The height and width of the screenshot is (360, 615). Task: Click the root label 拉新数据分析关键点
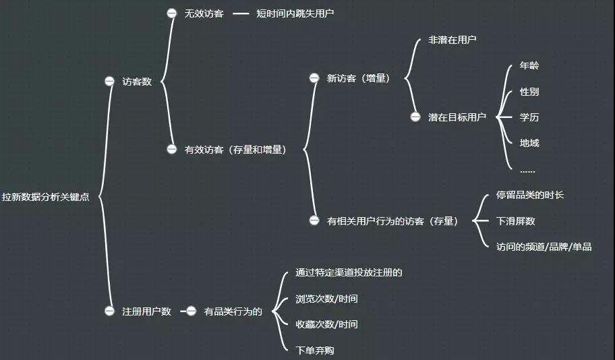(x=45, y=197)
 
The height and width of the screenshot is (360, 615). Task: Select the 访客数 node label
(x=137, y=82)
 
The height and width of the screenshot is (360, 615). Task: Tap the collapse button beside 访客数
(x=109, y=81)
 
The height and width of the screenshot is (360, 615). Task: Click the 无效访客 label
(x=204, y=13)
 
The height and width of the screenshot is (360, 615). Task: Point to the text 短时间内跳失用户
(x=295, y=13)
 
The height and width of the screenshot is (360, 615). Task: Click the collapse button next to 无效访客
(x=172, y=13)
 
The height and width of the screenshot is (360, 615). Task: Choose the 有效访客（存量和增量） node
(x=235, y=150)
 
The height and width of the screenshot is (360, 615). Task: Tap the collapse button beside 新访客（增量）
(x=314, y=78)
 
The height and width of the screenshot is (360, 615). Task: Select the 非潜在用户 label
(x=452, y=40)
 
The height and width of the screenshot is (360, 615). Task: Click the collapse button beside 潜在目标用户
(x=415, y=117)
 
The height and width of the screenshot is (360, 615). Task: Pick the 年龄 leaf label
(x=529, y=65)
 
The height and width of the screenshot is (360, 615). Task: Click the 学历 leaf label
(x=529, y=117)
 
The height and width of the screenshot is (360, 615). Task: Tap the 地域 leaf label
(x=529, y=143)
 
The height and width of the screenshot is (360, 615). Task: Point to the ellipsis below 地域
(x=527, y=171)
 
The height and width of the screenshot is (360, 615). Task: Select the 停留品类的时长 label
(x=530, y=195)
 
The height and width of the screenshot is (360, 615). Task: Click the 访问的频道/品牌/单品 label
(x=544, y=247)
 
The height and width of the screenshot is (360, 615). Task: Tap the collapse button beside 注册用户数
(x=109, y=311)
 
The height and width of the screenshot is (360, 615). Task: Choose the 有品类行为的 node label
(x=233, y=311)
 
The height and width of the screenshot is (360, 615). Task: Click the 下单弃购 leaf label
(x=314, y=350)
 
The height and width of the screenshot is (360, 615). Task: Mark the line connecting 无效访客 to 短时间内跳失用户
(x=241, y=13)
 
